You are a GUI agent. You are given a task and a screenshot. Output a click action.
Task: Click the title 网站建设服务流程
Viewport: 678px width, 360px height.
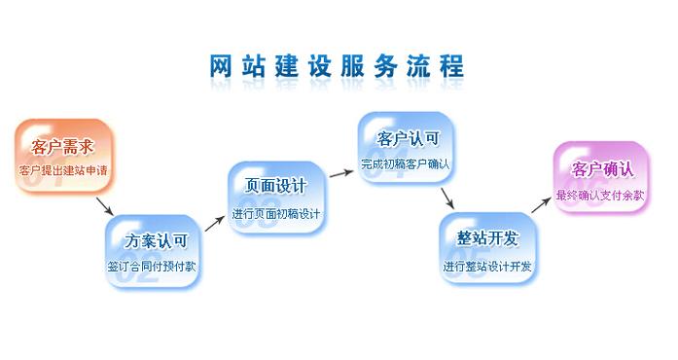click(x=337, y=66)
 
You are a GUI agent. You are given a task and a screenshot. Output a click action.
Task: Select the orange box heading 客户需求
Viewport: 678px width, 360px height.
click(x=63, y=147)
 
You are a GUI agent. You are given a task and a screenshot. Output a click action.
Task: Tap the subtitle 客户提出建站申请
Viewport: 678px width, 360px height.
click(x=63, y=171)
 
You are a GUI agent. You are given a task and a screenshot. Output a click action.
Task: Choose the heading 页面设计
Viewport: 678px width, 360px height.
click(x=276, y=186)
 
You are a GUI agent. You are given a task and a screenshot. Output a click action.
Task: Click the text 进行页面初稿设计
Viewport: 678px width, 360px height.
click(x=277, y=213)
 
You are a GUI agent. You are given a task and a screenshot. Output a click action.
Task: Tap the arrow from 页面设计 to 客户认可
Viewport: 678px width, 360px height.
click(x=339, y=173)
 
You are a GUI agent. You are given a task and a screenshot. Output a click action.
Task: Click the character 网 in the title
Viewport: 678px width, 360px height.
click(x=223, y=66)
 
